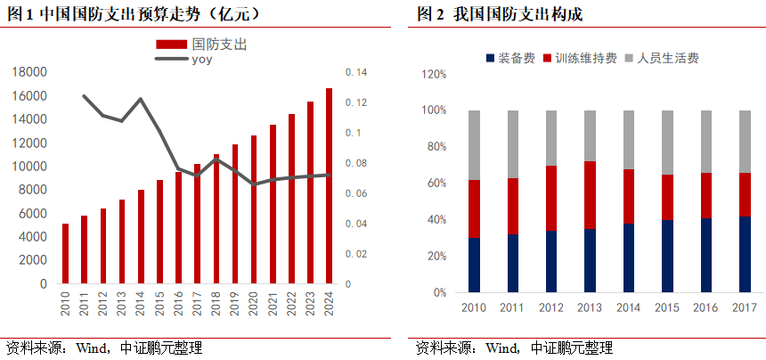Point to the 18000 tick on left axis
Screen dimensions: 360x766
click(x=30, y=72)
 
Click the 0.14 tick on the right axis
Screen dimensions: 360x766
click(x=354, y=72)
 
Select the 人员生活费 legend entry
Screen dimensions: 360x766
click(x=660, y=58)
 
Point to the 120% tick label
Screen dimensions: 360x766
click(x=432, y=74)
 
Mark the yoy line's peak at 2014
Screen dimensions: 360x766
click(x=141, y=99)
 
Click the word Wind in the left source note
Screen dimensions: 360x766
click(x=89, y=348)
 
